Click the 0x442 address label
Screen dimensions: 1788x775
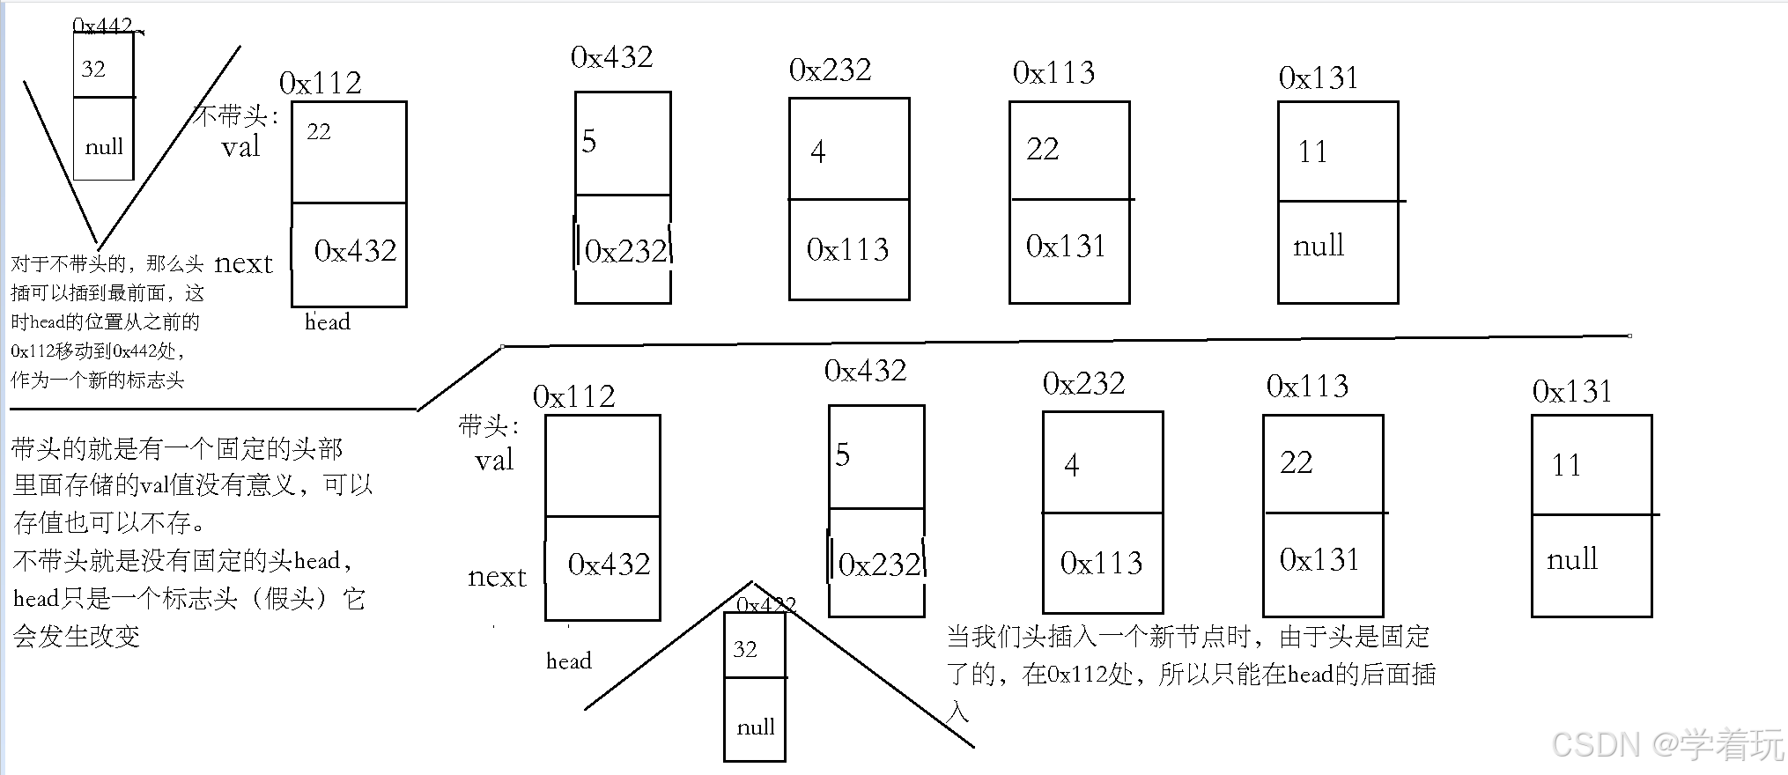pyautogui.click(x=105, y=26)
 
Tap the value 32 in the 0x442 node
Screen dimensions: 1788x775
pyautogui.click(x=93, y=69)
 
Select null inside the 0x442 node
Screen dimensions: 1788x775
pyautogui.click(x=104, y=146)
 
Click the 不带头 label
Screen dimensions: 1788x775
pyautogui.click(x=234, y=116)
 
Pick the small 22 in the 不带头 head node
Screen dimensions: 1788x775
pyautogui.click(x=319, y=131)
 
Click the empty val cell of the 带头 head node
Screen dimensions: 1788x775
pyautogui.click(x=602, y=465)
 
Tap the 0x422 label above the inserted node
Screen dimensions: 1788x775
pyautogui.click(x=765, y=604)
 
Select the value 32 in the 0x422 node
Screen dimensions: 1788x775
pyautogui.click(x=745, y=649)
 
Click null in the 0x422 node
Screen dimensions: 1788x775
pyautogui.click(x=756, y=727)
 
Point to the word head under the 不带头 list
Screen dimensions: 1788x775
pyautogui.click(x=328, y=321)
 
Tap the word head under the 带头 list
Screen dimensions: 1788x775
pyautogui.click(x=569, y=661)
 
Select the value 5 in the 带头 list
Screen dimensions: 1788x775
pyautogui.click(x=843, y=454)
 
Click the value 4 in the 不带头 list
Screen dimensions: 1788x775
pyautogui.click(x=818, y=151)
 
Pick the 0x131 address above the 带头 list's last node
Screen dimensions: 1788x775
pyautogui.click(x=1572, y=391)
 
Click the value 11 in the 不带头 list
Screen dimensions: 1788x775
pyautogui.click(x=1312, y=151)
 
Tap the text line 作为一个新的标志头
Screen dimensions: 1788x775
pyautogui.click(x=97, y=380)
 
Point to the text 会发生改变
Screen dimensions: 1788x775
pyautogui.click(x=77, y=636)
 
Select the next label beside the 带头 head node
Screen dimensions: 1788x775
pyautogui.click(x=497, y=577)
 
